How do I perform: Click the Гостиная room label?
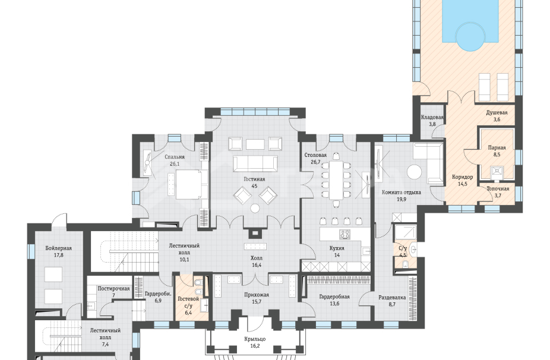point(254,179)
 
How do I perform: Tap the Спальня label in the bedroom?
point(175,157)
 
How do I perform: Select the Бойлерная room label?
point(59,248)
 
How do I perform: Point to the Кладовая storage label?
point(432,118)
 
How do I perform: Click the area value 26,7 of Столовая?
point(315,162)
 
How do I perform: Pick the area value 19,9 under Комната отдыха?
point(402,199)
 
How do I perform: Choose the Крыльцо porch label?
point(255,339)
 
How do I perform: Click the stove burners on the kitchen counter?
point(344,233)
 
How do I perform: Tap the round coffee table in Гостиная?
point(255,208)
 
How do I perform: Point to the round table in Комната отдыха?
point(414,172)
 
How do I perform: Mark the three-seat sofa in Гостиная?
point(255,164)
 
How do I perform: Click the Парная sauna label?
point(497,148)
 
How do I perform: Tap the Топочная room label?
point(498,189)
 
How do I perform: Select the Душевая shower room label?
point(497,113)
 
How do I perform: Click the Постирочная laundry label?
point(113,289)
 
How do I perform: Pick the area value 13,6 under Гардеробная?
point(334,304)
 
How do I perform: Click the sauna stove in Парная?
point(497,170)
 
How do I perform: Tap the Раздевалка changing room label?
point(392,298)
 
